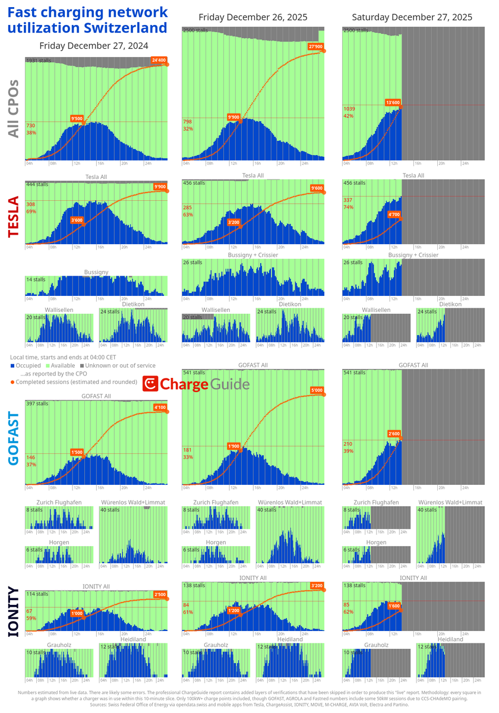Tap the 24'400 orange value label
click(x=159, y=60)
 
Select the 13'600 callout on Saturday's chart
click(x=393, y=103)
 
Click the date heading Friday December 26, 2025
click(x=253, y=17)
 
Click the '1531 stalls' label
click(x=39, y=61)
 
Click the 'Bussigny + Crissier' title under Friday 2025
click(x=253, y=255)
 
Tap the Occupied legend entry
click(x=26, y=365)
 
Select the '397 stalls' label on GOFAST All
click(x=37, y=403)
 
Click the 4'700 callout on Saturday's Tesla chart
click(x=393, y=214)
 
